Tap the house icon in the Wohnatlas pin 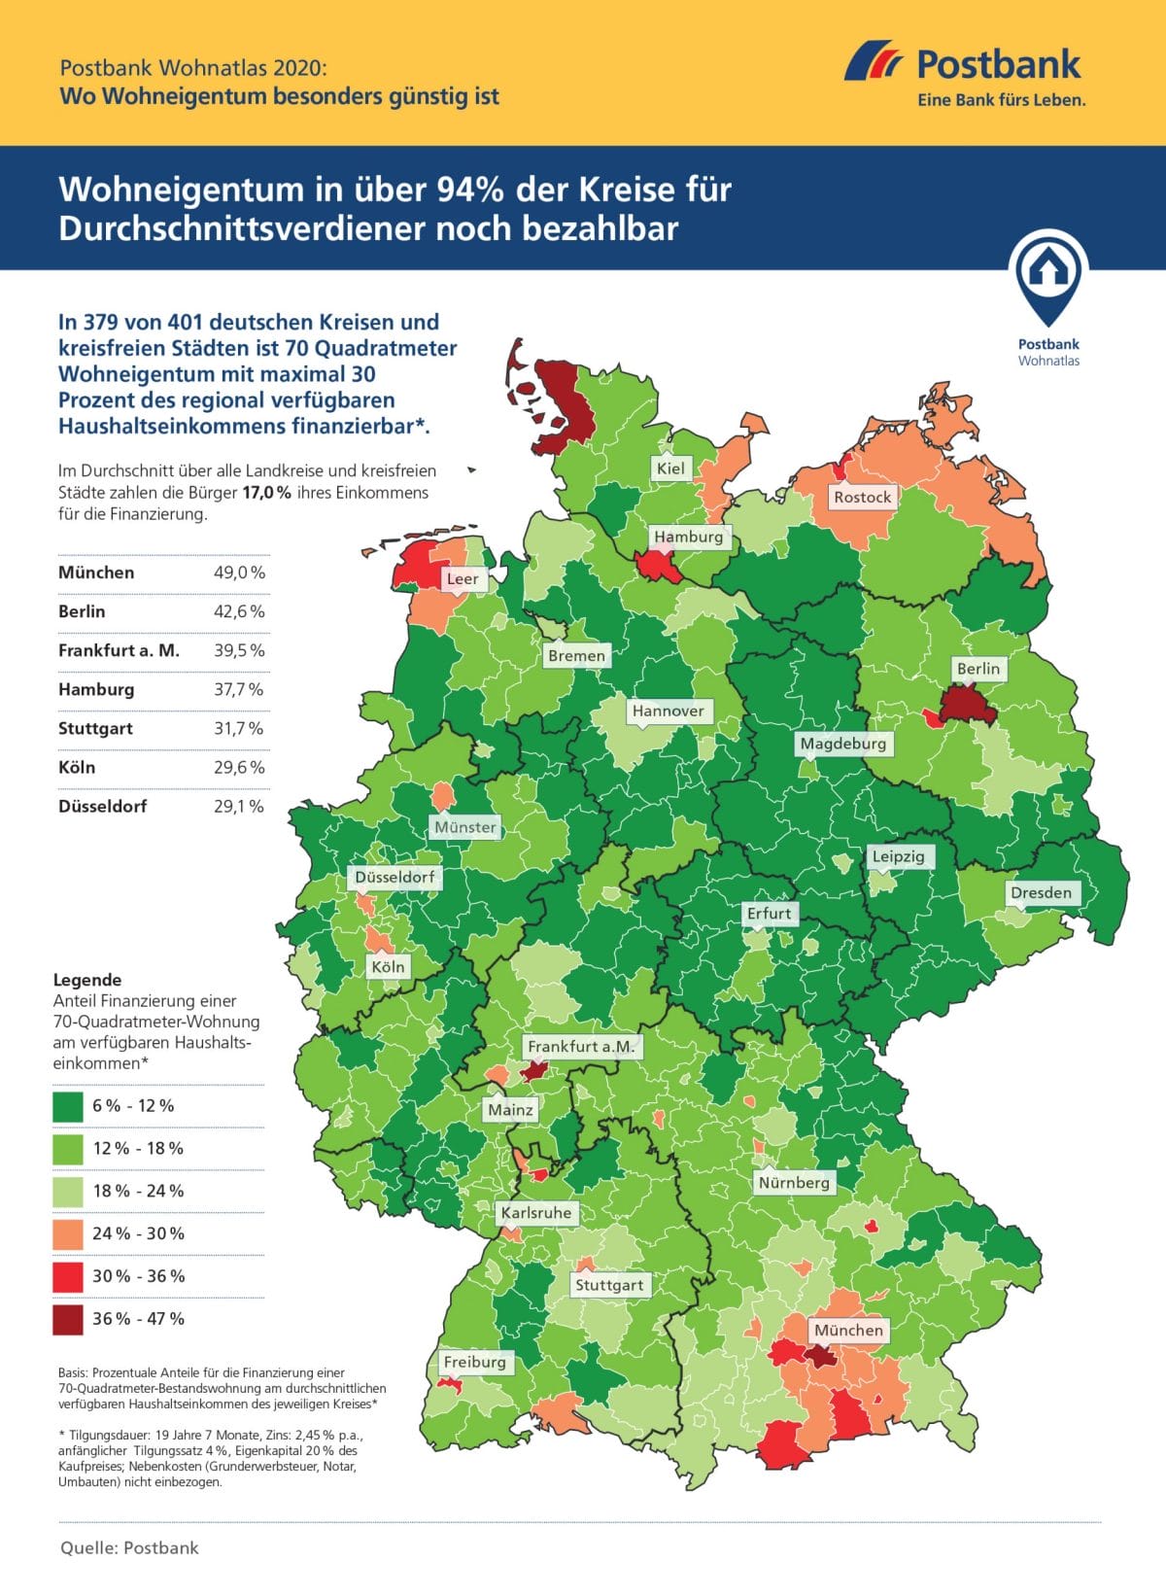click(x=1047, y=269)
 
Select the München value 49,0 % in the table click(x=239, y=572)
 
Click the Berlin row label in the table click(x=82, y=611)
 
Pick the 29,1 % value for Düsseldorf click(x=239, y=806)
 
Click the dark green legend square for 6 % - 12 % click(x=68, y=1106)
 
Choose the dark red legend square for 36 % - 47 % click(x=68, y=1319)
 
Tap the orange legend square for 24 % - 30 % click(x=68, y=1233)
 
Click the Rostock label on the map click(x=862, y=497)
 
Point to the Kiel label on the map click(x=670, y=468)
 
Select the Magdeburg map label click(x=843, y=744)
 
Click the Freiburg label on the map click(x=474, y=1362)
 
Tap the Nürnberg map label click(x=794, y=1182)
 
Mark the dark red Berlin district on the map click(x=969, y=705)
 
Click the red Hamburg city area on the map click(x=653, y=566)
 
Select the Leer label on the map click(x=462, y=578)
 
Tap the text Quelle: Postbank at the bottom click(x=129, y=1547)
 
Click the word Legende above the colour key click(x=87, y=980)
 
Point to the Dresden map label click(x=1041, y=892)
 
